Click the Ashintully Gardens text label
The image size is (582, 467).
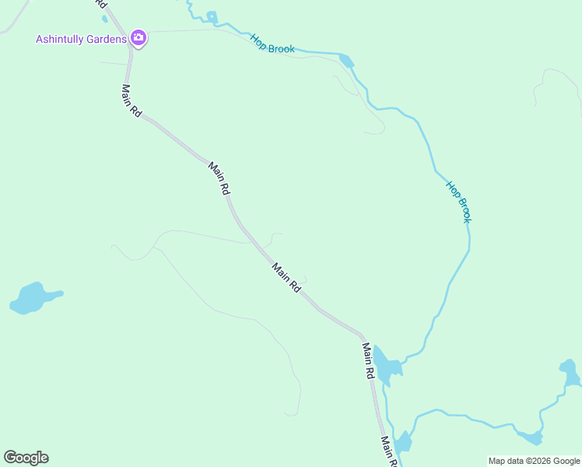tap(81, 39)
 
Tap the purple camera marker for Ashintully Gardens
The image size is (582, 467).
tap(138, 37)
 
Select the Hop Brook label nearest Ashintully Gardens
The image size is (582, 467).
tap(272, 44)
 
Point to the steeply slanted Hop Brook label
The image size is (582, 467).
tap(458, 202)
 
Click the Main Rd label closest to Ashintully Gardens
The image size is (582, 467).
tap(131, 101)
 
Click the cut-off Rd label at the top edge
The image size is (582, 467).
tap(102, 4)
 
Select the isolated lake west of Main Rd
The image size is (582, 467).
tap(32, 297)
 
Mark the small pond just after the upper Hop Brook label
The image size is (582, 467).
tap(346, 61)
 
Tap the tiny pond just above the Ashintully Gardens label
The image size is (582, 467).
tap(105, 19)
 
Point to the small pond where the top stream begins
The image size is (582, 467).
tap(212, 16)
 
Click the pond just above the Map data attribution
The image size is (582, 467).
tap(531, 437)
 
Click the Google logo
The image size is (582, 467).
tap(26, 458)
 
